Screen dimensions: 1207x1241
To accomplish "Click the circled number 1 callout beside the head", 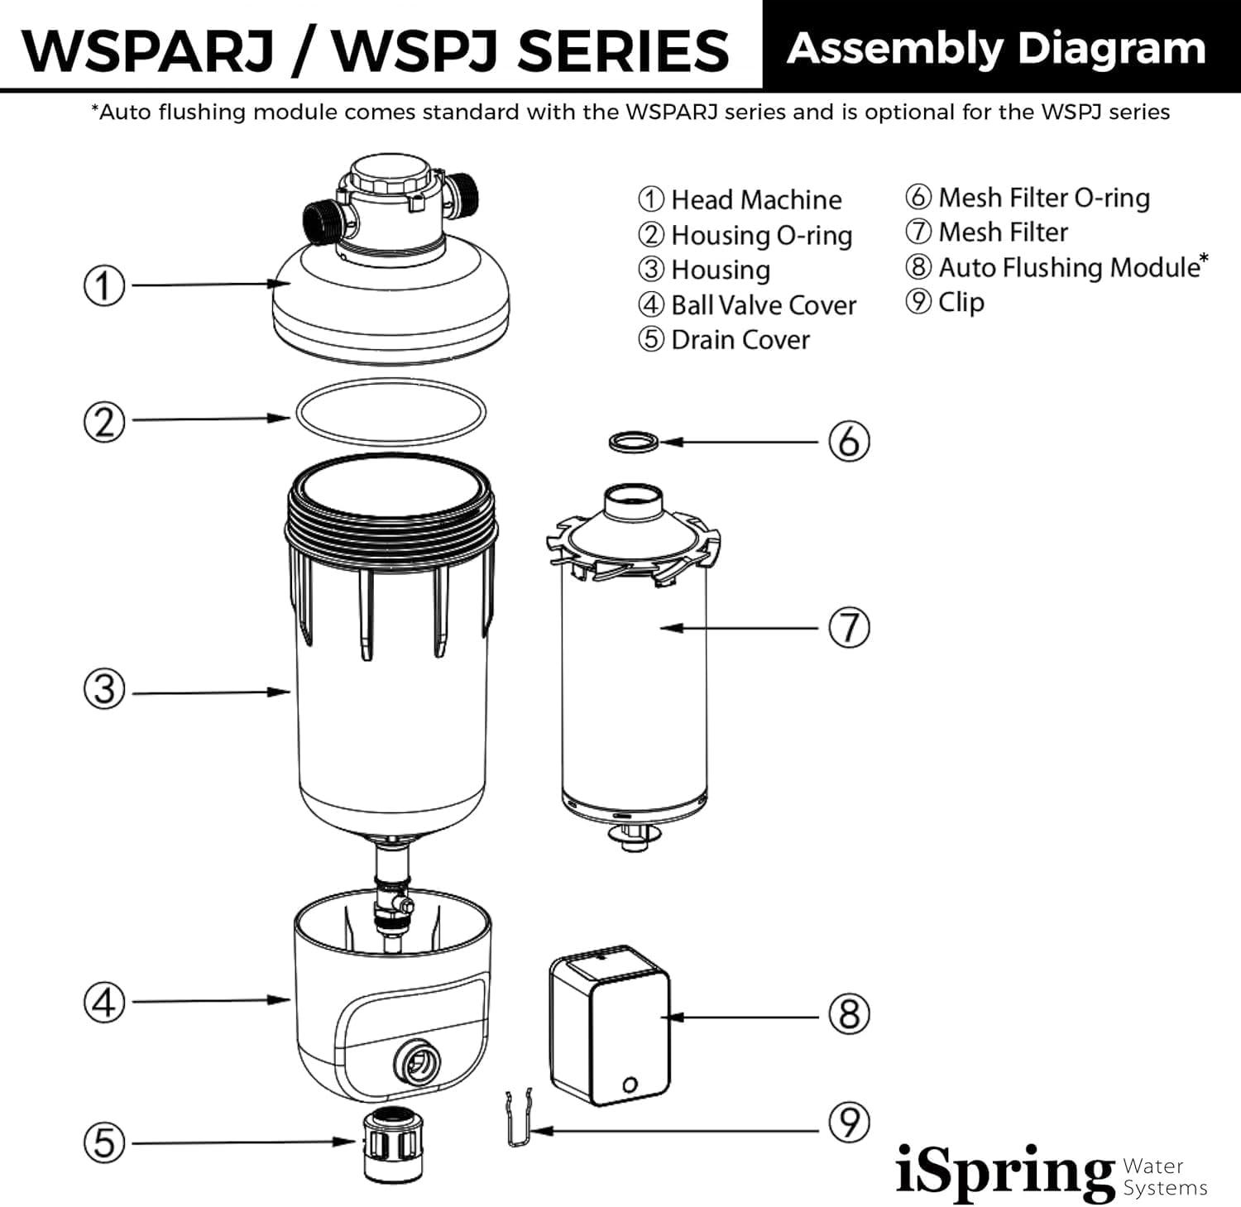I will [104, 286].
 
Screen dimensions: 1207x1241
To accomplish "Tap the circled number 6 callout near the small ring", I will [849, 442].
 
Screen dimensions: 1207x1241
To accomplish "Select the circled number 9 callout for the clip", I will [849, 1123].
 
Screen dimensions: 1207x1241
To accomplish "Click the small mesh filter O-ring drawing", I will [635, 441].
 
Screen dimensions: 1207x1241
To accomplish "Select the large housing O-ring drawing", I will [391, 411].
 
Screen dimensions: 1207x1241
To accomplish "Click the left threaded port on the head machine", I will [319, 221].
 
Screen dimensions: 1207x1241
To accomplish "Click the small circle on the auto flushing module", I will [630, 1083].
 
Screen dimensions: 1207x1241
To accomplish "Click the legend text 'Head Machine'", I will [755, 199].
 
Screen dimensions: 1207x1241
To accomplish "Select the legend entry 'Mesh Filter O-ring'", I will [1043, 198].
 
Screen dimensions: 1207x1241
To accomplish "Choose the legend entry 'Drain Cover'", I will [740, 339].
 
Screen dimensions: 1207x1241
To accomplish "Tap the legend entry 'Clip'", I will [961, 302].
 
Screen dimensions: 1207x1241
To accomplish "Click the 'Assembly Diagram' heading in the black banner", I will [997, 47].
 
